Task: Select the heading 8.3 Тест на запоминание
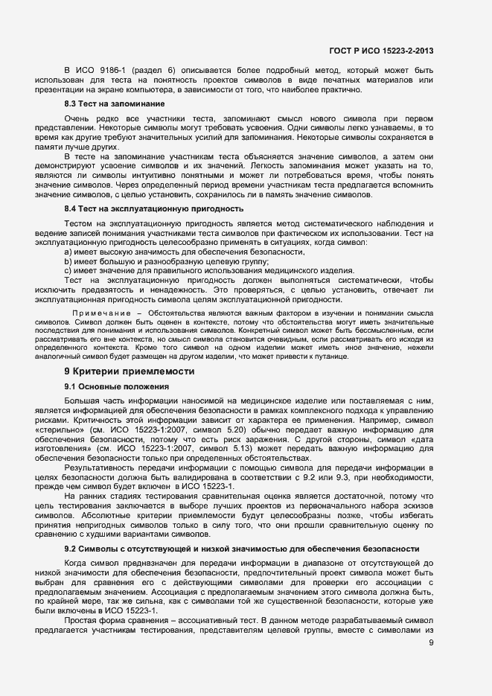[x=114, y=103]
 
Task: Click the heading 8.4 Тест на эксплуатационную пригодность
[x=153, y=208]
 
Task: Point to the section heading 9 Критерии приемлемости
[x=130, y=371]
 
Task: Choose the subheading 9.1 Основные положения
[x=118, y=386]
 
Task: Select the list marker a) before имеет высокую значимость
[x=68, y=252]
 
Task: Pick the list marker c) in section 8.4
[x=68, y=270]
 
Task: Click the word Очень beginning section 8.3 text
[x=77, y=118]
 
